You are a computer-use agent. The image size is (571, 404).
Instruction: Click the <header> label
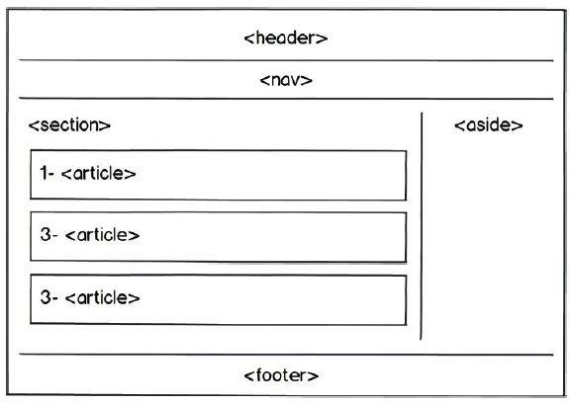click(x=286, y=38)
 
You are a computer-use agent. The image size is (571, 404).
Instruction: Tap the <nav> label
click(x=286, y=80)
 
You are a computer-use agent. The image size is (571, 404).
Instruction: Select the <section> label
click(x=69, y=125)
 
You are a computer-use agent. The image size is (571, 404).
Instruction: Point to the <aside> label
click(x=489, y=125)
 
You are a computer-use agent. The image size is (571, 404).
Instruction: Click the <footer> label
click(x=281, y=375)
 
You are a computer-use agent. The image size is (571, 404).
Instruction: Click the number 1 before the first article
click(x=44, y=173)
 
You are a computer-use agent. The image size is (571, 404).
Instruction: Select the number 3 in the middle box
click(x=46, y=235)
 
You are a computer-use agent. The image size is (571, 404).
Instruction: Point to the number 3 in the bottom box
click(x=46, y=297)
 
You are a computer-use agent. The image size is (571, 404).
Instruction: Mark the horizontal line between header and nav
click(x=286, y=60)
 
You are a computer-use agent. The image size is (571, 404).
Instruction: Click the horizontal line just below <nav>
click(x=286, y=98)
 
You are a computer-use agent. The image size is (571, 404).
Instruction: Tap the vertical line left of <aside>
click(x=422, y=226)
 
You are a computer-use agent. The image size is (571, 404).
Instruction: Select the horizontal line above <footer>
click(x=286, y=355)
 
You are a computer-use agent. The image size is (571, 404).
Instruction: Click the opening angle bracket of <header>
click(x=249, y=39)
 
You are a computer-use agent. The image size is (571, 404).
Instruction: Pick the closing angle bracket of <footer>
click(x=314, y=375)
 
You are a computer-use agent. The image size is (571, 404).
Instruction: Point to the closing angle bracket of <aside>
click(x=518, y=125)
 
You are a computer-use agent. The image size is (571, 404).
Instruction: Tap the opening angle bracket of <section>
click(x=34, y=125)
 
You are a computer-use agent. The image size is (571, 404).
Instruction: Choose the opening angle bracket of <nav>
click(x=265, y=80)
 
